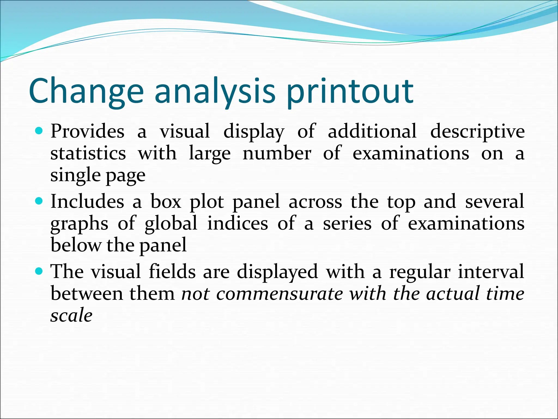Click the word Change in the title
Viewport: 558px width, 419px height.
pyautogui.click(x=86, y=91)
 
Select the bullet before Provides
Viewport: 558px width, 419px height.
pyautogui.click(x=39, y=131)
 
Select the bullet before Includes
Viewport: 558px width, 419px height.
pyautogui.click(x=39, y=201)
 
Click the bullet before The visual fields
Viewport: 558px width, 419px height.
pyautogui.click(x=39, y=271)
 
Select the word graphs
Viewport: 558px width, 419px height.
pyautogui.click(x=79, y=224)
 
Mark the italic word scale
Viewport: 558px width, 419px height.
pyautogui.click(x=71, y=315)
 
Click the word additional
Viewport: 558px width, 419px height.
pyautogui.click(x=372, y=131)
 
